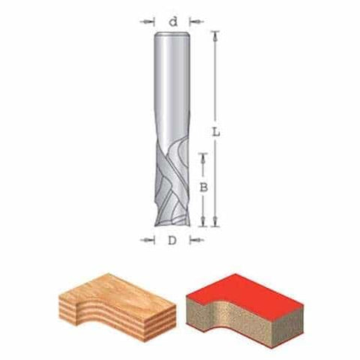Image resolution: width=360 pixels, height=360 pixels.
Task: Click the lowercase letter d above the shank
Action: pos(174,22)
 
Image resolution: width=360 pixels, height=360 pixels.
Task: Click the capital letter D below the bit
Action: pos(173,241)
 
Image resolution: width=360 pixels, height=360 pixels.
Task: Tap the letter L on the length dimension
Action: pos(217,131)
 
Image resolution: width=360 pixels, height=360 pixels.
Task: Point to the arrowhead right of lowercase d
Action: pos(200,22)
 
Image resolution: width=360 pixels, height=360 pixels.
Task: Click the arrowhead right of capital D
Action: pos(200,241)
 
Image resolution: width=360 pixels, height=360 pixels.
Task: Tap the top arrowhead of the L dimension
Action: pos(216,34)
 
